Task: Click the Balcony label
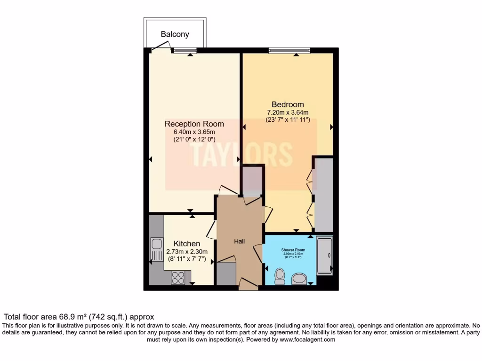(x=175, y=34)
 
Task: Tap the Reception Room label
(x=194, y=124)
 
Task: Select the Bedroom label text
(x=288, y=104)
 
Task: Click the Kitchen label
(x=187, y=243)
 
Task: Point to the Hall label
(x=240, y=241)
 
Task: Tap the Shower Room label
(x=293, y=250)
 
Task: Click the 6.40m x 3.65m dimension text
(x=194, y=132)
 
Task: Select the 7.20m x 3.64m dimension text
(x=288, y=112)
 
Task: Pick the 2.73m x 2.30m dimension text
(x=187, y=251)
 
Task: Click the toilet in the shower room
(x=279, y=275)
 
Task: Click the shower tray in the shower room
(x=325, y=256)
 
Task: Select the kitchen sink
(x=156, y=249)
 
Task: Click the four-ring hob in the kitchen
(x=178, y=278)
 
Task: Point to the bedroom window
(x=289, y=50)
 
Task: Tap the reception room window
(x=184, y=50)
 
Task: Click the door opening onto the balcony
(x=161, y=46)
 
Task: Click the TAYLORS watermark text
(x=241, y=154)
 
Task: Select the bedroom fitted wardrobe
(x=323, y=195)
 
